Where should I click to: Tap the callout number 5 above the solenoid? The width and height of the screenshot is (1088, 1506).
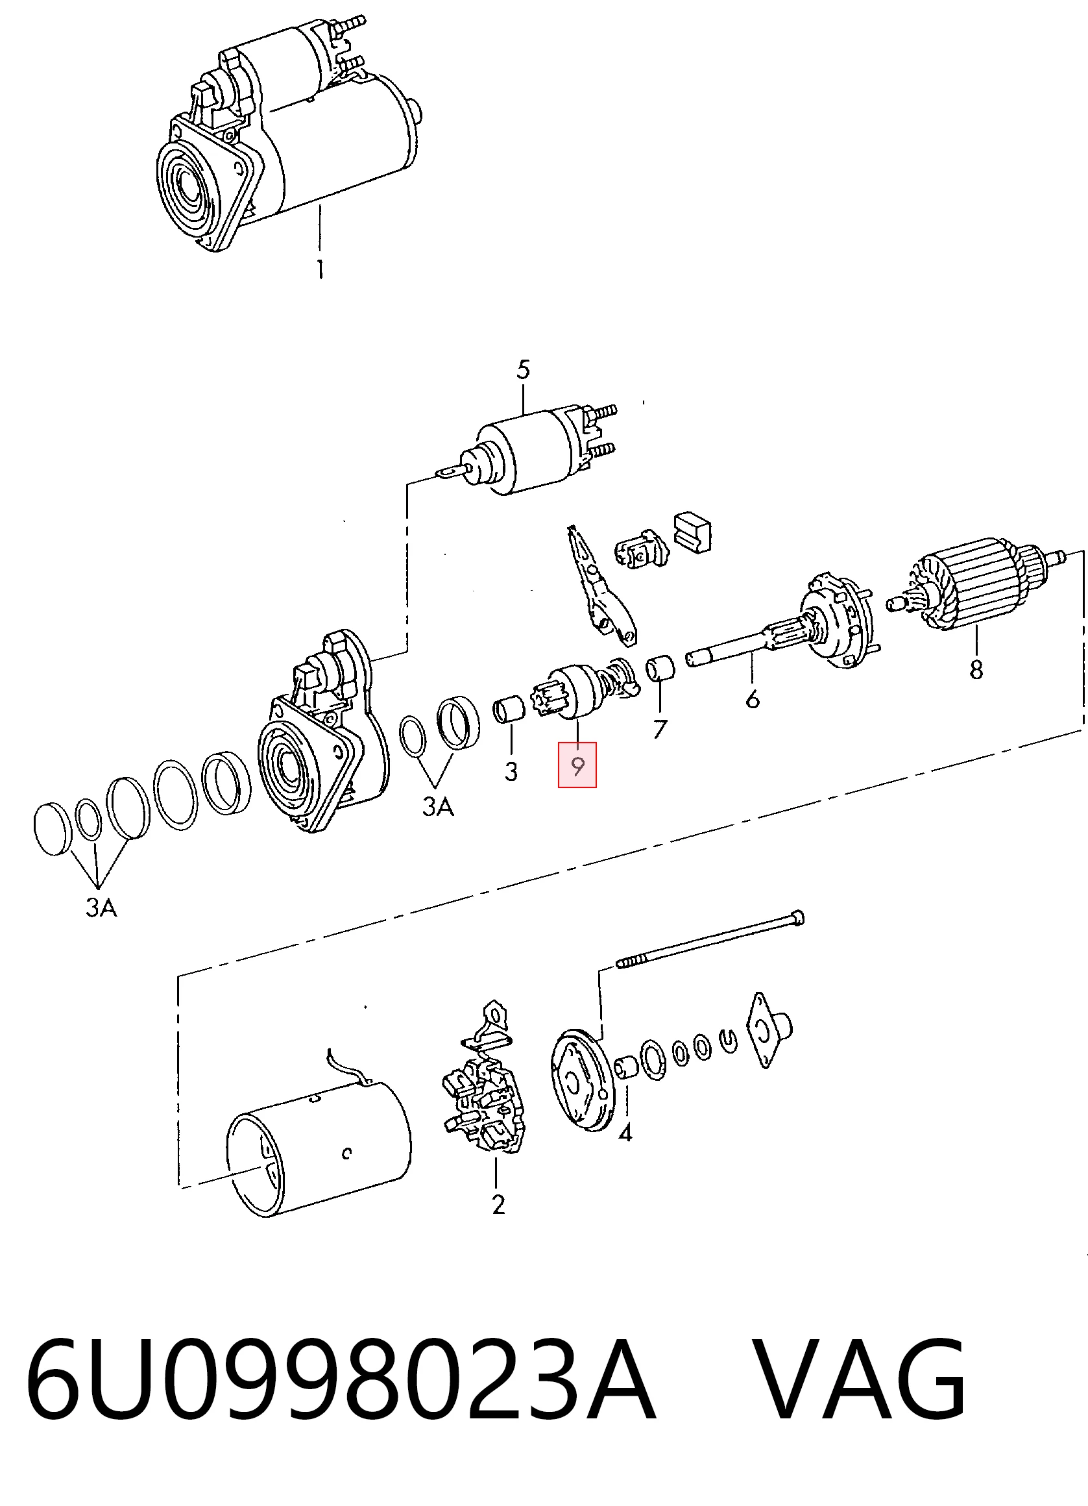(x=524, y=370)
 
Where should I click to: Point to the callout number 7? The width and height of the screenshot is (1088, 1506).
(x=660, y=730)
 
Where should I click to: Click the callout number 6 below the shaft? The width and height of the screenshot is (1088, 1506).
(x=752, y=699)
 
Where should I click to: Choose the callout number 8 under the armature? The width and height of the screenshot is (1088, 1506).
(x=976, y=669)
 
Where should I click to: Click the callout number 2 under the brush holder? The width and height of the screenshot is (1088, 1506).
(x=498, y=1204)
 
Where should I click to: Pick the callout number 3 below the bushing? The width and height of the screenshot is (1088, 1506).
(x=511, y=771)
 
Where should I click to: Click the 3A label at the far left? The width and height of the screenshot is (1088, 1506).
(x=102, y=907)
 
